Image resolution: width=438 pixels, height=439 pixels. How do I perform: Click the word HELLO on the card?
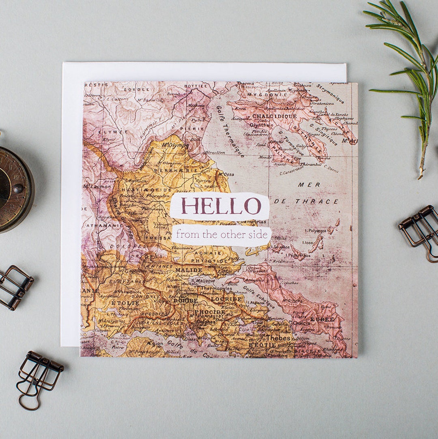tap(221, 206)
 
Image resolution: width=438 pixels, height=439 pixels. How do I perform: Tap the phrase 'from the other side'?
tap(221, 235)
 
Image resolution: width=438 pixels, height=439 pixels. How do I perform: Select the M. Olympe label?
tap(175, 145)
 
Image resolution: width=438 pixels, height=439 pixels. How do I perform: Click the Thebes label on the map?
tap(278, 337)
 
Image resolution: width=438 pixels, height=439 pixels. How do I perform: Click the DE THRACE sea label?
tap(306, 201)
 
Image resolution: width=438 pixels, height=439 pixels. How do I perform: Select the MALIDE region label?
tap(189, 270)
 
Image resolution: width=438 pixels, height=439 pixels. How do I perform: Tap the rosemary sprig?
tap(410, 73)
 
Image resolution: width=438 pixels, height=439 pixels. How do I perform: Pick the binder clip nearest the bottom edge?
tap(39, 375)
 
